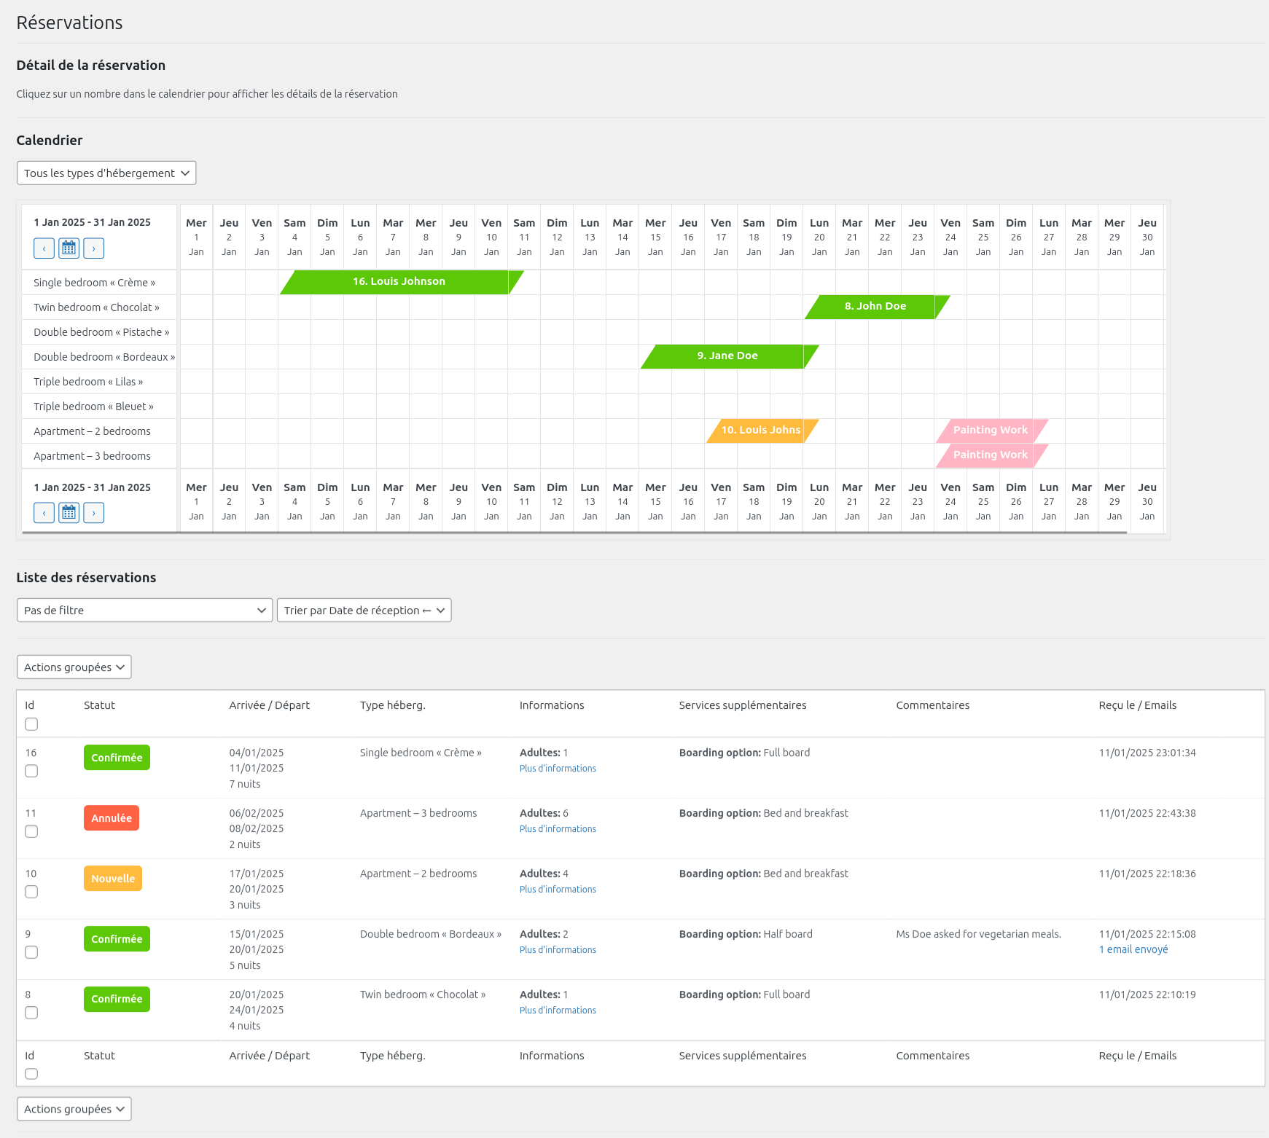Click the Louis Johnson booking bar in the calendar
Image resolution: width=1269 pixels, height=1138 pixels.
pos(399,282)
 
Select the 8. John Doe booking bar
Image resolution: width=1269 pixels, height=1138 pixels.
pos(875,307)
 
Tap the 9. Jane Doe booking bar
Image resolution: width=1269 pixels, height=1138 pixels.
pos(727,356)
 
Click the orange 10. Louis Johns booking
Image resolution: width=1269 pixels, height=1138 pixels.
pos(760,431)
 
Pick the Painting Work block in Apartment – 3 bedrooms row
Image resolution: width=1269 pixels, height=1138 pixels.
pos(990,455)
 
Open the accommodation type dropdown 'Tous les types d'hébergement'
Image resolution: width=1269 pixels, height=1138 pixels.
pos(106,173)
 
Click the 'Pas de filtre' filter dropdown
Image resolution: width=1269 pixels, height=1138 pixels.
pos(144,611)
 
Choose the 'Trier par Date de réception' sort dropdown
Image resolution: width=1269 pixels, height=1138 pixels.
pos(364,611)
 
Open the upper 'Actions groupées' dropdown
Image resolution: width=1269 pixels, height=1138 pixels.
pos(74,667)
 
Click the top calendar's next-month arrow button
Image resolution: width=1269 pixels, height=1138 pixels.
pos(94,248)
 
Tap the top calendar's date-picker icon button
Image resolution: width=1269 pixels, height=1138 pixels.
pos(69,248)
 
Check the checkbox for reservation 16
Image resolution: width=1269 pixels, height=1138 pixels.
pos(31,771)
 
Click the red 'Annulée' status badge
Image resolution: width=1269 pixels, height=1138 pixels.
pos(112,818)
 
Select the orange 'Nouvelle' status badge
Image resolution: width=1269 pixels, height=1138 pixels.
pos(113,879)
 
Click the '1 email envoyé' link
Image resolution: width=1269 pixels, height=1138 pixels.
pos(1133,949)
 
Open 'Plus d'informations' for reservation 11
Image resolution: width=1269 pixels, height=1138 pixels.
pos(558,829)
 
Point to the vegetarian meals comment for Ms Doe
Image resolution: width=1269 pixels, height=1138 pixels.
pos(978,934)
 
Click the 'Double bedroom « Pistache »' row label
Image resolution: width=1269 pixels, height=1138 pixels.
pos(101,332)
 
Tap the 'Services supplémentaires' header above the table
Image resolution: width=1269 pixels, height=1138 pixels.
pos(742,705)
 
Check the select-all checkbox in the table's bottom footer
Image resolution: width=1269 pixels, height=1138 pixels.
pos(31,1074)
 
